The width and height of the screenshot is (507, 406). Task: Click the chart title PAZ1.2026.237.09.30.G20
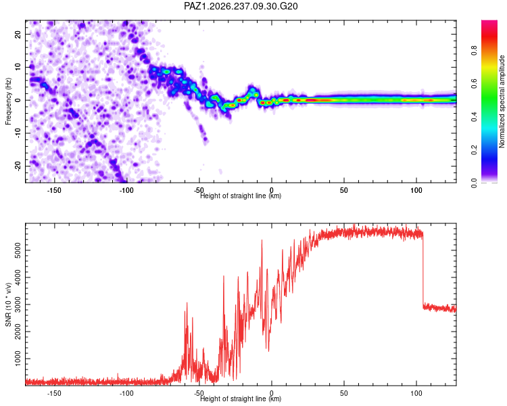coord(241,6)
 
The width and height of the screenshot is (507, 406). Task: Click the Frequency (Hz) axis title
coord(8,101)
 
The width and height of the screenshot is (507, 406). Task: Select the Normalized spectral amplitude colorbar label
coord(502,101)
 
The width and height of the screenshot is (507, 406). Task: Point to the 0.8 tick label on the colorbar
coord(474,51)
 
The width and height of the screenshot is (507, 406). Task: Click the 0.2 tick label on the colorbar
coord(474,150)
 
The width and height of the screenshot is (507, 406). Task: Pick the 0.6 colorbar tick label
coord(474,83)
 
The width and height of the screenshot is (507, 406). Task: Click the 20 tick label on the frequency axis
coord(18,34)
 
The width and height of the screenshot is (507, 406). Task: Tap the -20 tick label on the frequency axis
coord(18,166)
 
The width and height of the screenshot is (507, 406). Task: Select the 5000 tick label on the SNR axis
coord(18,250)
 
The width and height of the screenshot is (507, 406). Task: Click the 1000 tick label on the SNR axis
coord(18,359)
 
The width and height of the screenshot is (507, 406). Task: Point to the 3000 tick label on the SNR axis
coord(18,304)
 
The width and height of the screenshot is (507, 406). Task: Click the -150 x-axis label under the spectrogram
coord(54,190)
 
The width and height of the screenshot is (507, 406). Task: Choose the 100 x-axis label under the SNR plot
coord(416,393)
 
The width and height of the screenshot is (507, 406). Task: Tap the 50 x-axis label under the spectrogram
coord(343,190)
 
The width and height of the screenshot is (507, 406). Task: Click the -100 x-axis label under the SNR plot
coord(126,393)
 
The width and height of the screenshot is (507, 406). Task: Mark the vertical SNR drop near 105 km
coord(423,269)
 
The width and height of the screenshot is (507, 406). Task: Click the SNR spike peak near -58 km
coord(187,302)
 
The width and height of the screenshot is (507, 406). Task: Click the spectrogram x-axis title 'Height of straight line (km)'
coord(241,196)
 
